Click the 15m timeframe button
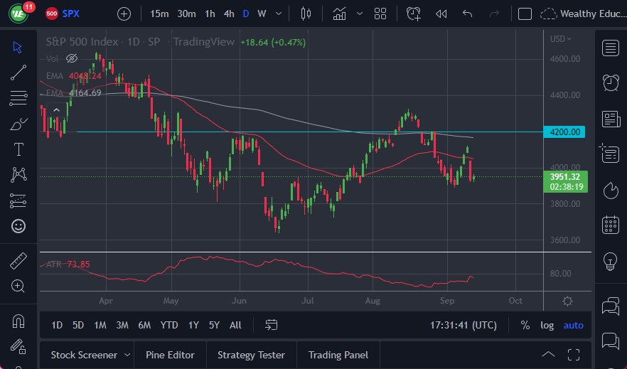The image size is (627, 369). (160, 14)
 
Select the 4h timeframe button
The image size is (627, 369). (228, 14)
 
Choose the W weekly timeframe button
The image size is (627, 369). (262, 14)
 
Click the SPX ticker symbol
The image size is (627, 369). (71, 14)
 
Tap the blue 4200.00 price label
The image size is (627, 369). (566, 132)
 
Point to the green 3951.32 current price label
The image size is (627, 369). (566, 177)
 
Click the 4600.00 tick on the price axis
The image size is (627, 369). (565, 59)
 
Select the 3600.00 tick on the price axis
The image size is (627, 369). (565, 240)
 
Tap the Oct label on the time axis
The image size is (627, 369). (515, 301)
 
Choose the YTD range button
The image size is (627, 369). (169, 325)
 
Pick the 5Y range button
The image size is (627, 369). (214, 325)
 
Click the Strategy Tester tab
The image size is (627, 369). (251, 355)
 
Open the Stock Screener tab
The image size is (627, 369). (83, 355)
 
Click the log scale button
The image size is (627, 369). (547, 325)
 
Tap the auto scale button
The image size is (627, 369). (573, 325)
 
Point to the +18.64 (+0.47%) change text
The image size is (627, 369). (273, 42)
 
